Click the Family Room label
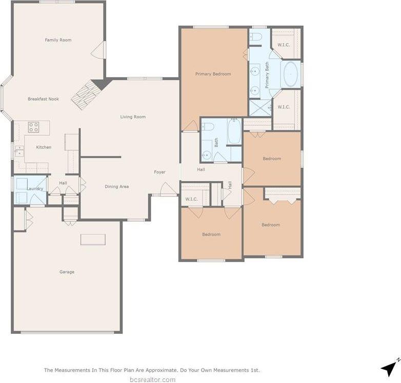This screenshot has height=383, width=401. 58,40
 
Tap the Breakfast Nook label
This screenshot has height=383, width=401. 43,99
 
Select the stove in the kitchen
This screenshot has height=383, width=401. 33,127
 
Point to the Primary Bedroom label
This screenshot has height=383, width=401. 213,74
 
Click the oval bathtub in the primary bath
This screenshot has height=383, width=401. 290,75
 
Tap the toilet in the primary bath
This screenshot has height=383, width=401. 256,36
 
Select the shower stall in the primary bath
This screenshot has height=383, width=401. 259,108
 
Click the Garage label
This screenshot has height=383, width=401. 67,272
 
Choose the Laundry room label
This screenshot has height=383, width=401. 35,189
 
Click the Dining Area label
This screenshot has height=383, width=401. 116,186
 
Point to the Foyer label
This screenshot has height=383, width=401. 159,172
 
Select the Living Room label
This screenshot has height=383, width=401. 133,117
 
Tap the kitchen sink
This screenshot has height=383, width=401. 19,151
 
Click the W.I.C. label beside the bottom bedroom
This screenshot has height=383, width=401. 191,199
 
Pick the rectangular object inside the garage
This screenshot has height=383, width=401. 93,240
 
